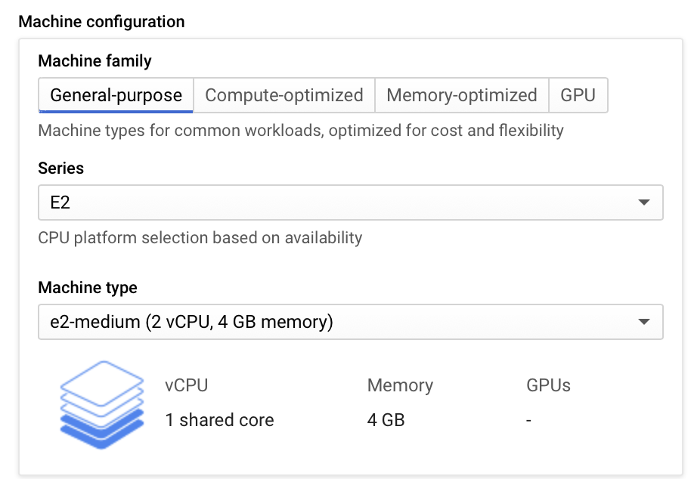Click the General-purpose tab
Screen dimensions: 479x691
point(116,95)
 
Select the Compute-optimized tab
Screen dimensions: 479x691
point(284,95)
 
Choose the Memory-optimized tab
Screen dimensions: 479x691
point(461,95)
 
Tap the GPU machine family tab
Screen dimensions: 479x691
point(578,95)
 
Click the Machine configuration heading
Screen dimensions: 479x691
point(101,21)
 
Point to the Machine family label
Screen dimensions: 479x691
point(95,61)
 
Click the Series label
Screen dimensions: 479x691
point(60,168)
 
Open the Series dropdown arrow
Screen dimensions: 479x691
point(643,202)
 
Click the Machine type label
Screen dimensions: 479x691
point(88,288)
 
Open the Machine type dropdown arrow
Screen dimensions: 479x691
point(643,322)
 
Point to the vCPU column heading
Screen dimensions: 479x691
point(186,385)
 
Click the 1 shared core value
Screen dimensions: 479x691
point(219,420)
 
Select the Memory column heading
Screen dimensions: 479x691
point(400,385)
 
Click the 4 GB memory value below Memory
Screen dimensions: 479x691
point(386,420)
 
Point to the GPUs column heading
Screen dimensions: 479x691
point(548,385)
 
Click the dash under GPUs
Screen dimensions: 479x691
point(529,420)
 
